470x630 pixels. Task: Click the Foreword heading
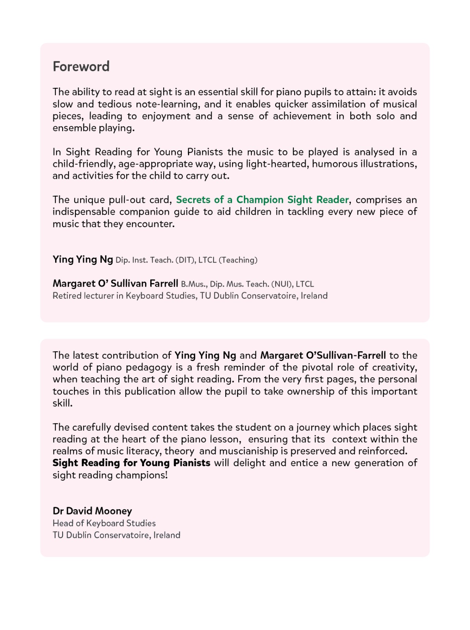81,67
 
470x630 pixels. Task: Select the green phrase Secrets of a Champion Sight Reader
262,200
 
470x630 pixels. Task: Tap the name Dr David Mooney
92,511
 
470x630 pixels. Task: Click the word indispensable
84,212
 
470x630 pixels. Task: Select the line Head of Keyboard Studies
104,523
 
